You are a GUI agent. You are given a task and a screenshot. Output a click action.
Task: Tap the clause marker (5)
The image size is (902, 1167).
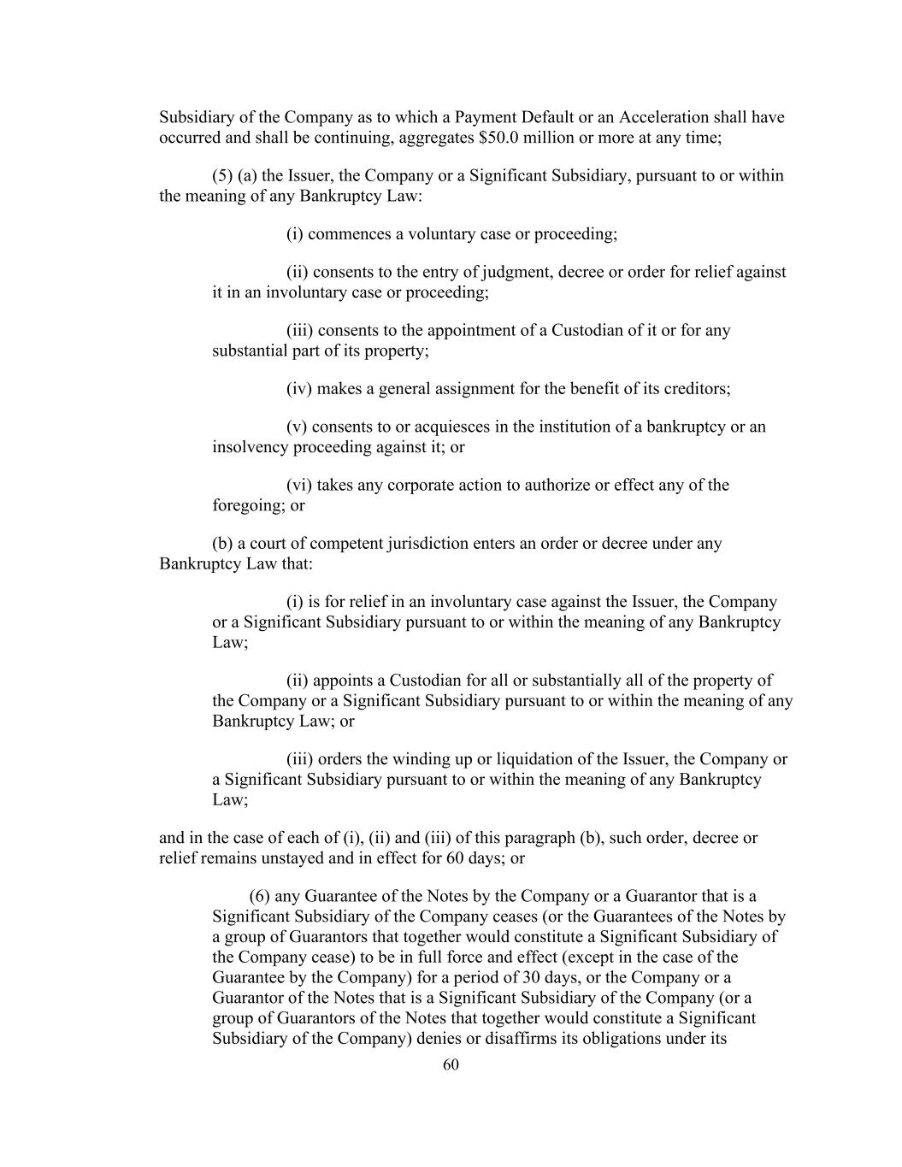coord(222,176)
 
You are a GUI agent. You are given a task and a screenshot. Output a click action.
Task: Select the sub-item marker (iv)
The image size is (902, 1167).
coord(299,389)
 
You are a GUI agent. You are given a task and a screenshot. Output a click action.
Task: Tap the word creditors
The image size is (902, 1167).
coord(697,389)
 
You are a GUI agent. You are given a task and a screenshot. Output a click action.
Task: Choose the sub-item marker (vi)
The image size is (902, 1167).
coord(299,486)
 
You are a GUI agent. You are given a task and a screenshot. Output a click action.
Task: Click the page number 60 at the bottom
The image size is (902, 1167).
coord(451,1065)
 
